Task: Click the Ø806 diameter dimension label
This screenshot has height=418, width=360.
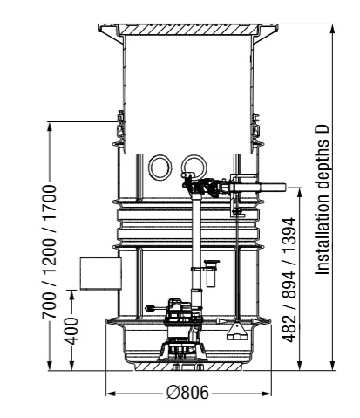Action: click(187, 393)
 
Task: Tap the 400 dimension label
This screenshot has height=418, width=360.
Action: click(71, 331)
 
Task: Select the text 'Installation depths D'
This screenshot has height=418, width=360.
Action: click(323, 200)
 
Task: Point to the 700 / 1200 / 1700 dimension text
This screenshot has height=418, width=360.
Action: click(48, 251)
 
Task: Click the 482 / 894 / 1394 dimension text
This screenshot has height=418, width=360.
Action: click(289, 280)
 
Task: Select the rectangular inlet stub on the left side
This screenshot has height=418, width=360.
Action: click(100, 273)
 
